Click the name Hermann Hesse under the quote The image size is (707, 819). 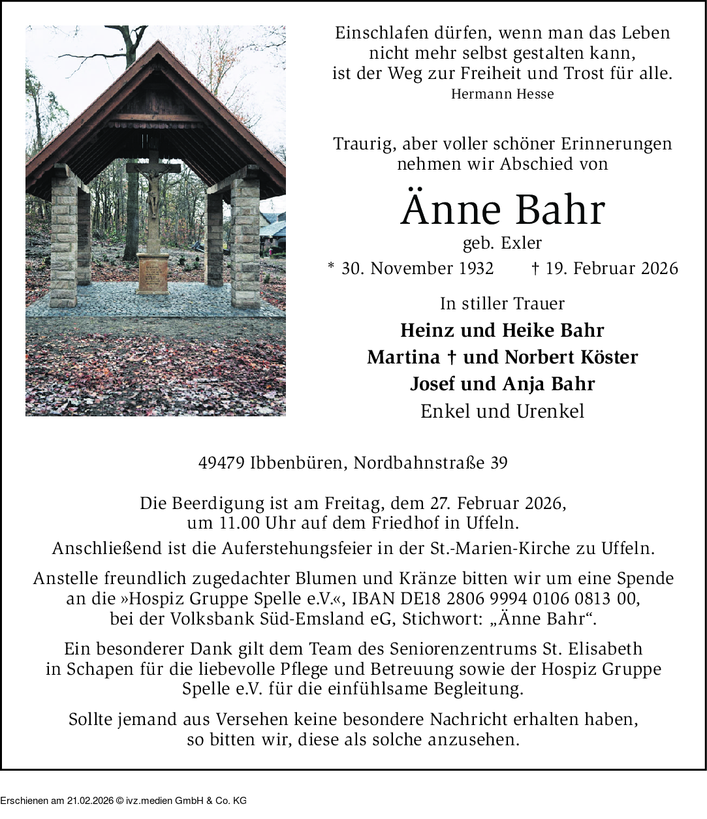(x=502, y=94)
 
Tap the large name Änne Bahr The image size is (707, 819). (x=502, y=210)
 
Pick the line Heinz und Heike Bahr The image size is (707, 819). (x=502, y=330)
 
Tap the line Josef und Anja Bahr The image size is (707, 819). (x=502, y=384)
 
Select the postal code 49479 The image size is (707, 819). (x=219, y=463)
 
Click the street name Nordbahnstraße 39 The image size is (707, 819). (x=430, y=463)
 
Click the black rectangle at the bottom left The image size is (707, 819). (x=123, y=794)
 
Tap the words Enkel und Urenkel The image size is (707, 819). (x=502, y=411)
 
